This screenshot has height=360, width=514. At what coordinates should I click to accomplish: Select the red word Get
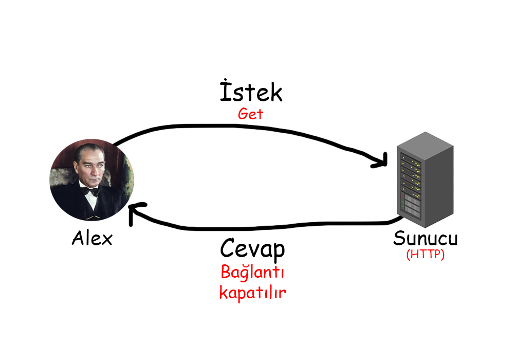coord(250,114)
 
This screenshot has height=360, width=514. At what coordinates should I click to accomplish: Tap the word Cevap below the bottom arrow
coord(252,249)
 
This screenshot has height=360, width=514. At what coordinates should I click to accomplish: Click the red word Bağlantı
coord(252,272)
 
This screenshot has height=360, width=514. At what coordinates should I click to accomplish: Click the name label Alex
coord(92,238)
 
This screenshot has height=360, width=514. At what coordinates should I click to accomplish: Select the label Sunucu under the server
coord(425,238)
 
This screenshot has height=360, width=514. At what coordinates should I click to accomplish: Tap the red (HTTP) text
coord(425,254)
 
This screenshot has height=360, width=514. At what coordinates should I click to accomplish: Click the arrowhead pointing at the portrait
coord(135,211)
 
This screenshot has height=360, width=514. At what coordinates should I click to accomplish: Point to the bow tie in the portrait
coord(90,191)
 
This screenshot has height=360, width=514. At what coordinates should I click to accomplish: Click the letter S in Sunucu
coord(399,238)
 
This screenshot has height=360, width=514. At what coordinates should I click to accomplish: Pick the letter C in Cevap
coord(227,248)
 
